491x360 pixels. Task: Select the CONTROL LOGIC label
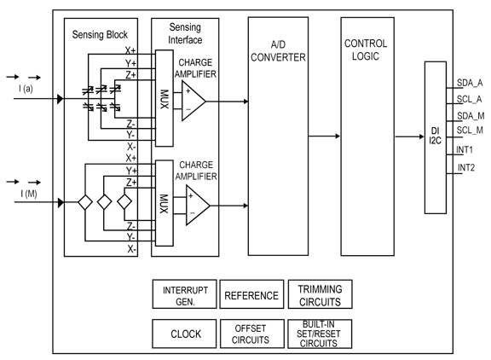[365, 49]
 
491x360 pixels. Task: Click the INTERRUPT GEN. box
[184, 295]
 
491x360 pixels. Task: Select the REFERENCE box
[251, 295]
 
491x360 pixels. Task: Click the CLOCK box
[184, 334]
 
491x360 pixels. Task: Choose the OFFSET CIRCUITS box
[251, 334]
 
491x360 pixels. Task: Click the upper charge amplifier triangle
[192, 101]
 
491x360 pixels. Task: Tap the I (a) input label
[26, 89]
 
